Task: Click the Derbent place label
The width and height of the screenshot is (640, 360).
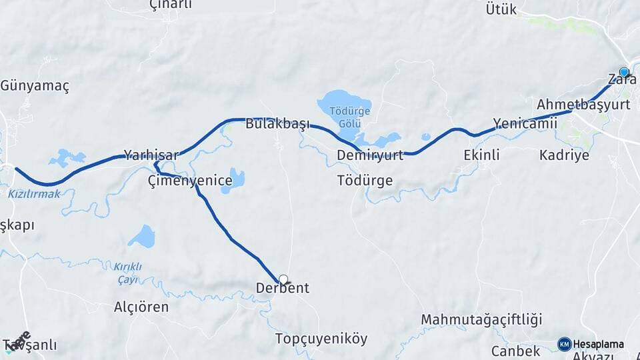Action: click(x=283, y=289)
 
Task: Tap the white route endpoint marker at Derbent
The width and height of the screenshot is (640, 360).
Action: click(x=283, y=279)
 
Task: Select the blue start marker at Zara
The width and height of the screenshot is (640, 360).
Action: click(x=624, y=71)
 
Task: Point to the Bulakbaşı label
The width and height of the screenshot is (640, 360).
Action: click(x=278, y=124)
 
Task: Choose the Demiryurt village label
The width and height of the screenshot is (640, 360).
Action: click(x=370, y=155)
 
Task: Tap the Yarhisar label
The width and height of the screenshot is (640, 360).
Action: click(x=151, y=155)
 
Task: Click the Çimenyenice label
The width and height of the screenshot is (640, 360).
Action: click(x=190, y=181)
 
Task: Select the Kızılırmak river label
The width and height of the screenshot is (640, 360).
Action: click(x=34, y=194)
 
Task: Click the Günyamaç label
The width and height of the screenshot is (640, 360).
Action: click(x=35, y=86)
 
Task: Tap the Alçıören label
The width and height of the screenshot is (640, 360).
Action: click(x=141, y=308)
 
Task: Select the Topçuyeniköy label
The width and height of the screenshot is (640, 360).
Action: click(x=321, y=339)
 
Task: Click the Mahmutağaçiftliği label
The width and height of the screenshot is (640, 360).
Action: click(x=482, y=319)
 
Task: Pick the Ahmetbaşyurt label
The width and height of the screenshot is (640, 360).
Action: click(x=583, y=105)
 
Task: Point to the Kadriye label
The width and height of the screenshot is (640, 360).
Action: click(x=564, y=155)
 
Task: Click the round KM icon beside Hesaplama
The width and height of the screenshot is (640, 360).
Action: click(x=564, y=344)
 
